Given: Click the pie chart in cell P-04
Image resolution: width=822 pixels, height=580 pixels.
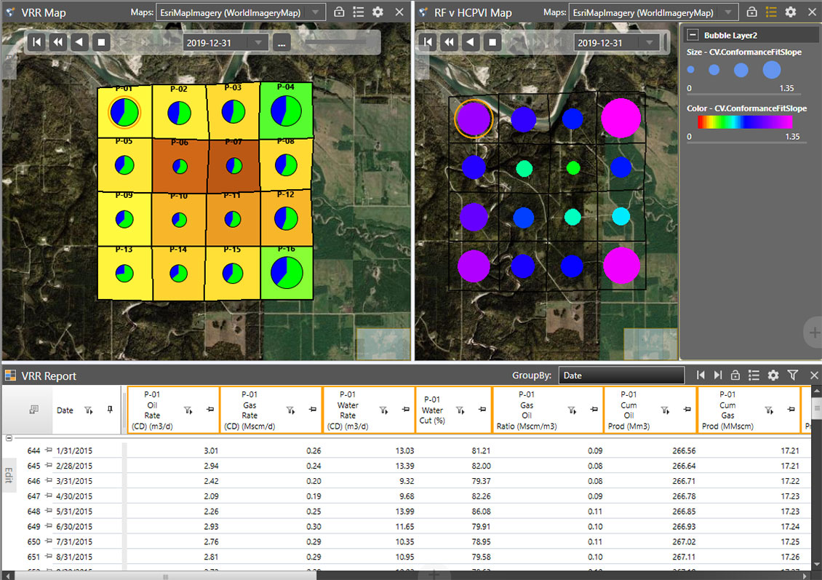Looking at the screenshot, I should click(286, 111).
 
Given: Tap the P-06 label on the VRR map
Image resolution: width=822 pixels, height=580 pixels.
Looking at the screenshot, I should click(179, 143).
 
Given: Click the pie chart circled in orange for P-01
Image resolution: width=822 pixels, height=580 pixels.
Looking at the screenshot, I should click(124, 113).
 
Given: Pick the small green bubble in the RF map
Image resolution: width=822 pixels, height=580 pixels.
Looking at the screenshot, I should click(573, 168).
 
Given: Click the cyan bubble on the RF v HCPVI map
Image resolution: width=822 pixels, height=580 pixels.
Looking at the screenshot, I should click(621, 216).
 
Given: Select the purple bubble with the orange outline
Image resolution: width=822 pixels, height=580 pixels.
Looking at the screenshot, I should click(474, 118).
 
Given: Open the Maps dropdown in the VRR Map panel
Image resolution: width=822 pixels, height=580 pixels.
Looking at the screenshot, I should click(241, 12).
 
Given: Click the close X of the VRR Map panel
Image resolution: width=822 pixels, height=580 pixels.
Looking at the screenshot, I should click(399, 12).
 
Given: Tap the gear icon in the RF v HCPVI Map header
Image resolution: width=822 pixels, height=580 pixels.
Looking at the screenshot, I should click(791, 12).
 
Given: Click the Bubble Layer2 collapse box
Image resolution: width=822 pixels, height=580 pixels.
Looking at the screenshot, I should click(693, 35).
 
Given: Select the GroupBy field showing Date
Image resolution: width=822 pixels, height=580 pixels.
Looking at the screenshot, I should click(621, 376).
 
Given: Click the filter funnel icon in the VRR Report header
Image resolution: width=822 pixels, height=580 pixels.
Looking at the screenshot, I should click(793, 376).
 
